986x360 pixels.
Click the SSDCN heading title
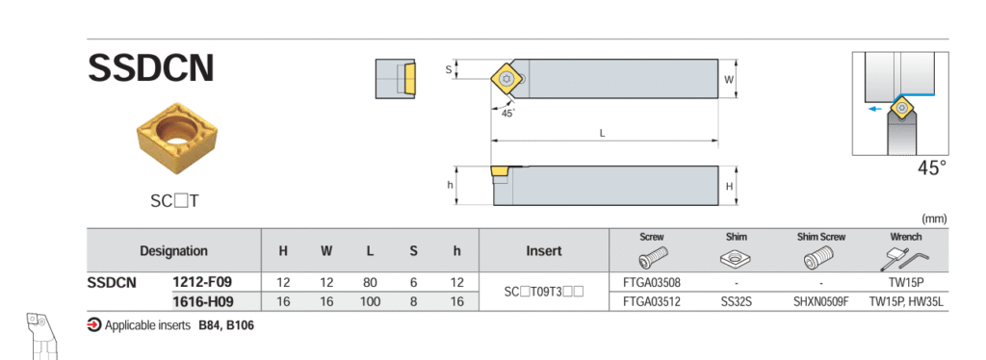(x=151, y=68)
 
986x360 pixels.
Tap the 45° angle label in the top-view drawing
(x=508, y=113)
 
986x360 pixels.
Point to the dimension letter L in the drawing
(x=603, y=133)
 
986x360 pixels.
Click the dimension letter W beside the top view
(x=729, y=79)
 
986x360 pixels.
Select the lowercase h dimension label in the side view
(x=450, y=186)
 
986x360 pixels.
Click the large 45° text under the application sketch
(x=931, y=167)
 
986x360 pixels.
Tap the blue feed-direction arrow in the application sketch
(x=873, y=108)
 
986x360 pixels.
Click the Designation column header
(x=173, y=250)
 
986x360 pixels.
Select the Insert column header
(x=544, y=250)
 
